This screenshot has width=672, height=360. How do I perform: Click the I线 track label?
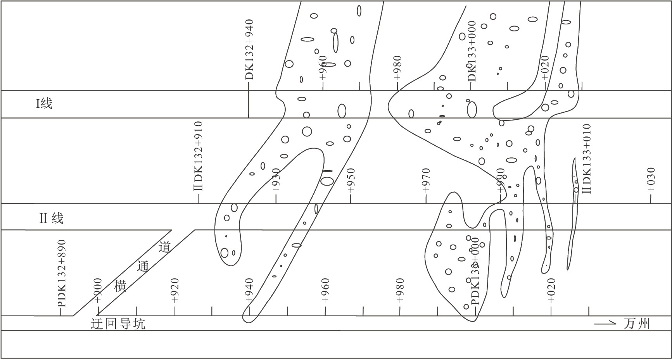[44, 104]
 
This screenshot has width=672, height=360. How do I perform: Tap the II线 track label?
[51, 219]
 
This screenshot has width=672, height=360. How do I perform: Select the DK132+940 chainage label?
[249, 50]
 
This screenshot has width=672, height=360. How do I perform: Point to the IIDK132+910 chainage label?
[199, 156]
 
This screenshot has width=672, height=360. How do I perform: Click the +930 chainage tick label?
[276, 181]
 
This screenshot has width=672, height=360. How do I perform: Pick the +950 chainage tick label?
[351, 181]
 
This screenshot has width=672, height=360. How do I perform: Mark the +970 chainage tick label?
[426, 181]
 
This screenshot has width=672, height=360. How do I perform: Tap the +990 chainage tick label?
[501, 181]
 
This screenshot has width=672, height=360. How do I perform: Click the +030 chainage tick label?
[651, 180]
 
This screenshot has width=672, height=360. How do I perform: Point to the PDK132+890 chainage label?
[62, 274]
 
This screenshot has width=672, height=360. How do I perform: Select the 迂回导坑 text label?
[118, 324]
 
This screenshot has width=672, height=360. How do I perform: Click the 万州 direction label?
[636, 324]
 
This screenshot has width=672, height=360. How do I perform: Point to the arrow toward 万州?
[605, 323]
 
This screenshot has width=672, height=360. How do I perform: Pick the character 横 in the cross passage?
[121, 286]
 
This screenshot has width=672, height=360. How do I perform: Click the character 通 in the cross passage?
[143, 266]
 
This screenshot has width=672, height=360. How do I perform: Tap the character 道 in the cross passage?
[165, 247]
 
